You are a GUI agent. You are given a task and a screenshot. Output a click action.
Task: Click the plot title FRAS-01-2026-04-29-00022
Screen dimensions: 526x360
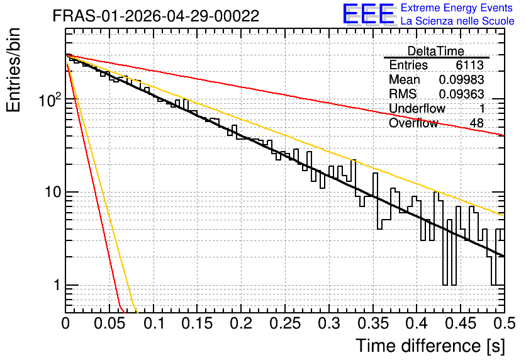pyautogui.click(x=156, y=16)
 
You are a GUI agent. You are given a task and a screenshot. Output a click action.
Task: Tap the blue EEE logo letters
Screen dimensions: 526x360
pyautogui.click(x=369, y=14)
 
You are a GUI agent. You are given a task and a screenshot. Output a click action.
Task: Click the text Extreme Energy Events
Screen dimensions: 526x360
pyautogui.click(x=457, y=8)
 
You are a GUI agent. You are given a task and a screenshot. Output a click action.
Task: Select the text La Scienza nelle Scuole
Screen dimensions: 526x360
pyautogui.click(x=457, y=21)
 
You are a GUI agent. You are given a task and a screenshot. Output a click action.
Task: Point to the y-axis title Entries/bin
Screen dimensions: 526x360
pyautogui.click(x=13, y=70)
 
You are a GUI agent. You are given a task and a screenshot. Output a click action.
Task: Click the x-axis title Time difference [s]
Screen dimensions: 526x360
pyautogui.click(x=430, y=346)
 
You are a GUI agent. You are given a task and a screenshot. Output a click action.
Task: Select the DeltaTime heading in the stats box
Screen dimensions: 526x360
pyautogui.click(x=436, y=51)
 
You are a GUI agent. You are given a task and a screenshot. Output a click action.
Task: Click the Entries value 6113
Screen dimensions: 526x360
pyautogui.click(x=469, y=65)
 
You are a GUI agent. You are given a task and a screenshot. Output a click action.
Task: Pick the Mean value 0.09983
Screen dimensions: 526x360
pyautogui.click(x=462, y=79)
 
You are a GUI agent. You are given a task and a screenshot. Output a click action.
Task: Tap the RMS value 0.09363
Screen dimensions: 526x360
pyautogui.click(x=462, y=94)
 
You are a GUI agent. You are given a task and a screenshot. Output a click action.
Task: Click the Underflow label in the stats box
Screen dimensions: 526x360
pyautogui.click(x=417, y=108)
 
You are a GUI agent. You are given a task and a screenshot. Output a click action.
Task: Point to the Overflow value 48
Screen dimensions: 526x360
pyautogui.click(x=477, y=123)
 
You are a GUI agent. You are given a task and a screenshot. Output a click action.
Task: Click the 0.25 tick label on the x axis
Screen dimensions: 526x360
pyautogui.click(x=285, y=323)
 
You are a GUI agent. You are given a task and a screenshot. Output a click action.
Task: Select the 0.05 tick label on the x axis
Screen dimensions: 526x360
pyautogui.click(x=109, y=323)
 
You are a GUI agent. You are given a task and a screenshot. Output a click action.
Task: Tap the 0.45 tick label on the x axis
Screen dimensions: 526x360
pyautogui.click(x=461, y=323)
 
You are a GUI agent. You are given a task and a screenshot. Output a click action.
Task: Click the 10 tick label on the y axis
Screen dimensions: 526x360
pyautogui.click(x=52, y=192)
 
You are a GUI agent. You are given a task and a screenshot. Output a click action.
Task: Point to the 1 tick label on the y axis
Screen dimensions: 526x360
pyautogui.click(x=57, y=285)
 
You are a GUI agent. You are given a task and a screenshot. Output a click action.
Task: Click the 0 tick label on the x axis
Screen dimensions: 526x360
pyautogui.click(x=65, y=323)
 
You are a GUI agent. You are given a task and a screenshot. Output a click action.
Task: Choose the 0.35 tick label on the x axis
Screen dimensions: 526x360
pyautogui.click(x=373, y=323)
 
